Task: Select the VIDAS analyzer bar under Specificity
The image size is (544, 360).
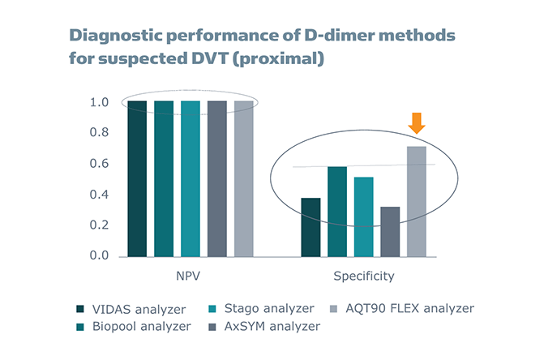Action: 310,227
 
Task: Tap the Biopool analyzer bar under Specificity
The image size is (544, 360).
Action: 336,212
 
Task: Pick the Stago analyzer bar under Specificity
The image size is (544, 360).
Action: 363,216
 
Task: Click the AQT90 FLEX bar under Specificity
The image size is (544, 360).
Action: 416,201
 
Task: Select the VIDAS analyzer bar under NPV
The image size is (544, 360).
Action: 137,178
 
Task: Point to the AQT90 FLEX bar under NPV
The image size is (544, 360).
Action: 243,178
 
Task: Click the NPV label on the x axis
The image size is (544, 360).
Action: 190,276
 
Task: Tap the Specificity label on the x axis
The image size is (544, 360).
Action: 363,276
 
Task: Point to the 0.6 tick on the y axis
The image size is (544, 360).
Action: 99,165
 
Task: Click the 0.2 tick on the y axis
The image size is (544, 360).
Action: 99,225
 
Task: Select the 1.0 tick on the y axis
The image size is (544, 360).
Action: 99,103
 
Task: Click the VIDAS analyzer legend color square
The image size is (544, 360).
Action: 79,309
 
